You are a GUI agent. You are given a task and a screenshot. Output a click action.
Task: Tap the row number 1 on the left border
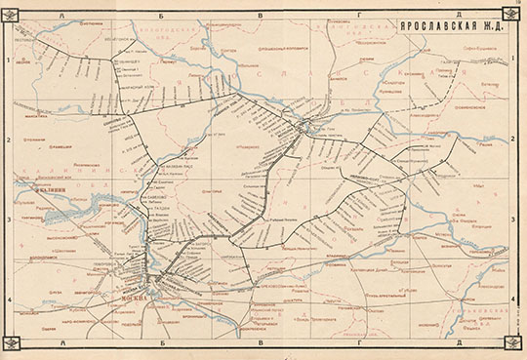(8, 60)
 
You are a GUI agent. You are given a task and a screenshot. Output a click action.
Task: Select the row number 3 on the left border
(8, 220)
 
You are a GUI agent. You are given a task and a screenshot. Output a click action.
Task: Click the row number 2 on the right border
(513, 140)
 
